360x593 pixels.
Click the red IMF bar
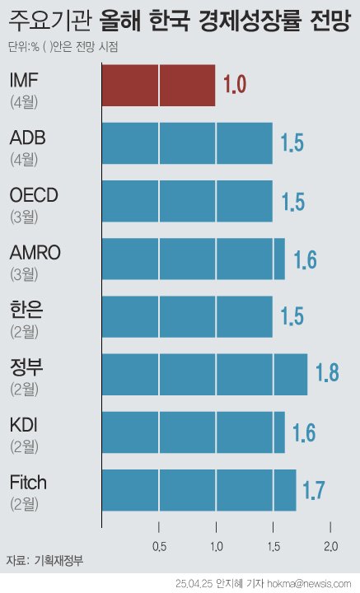tap(158, 86)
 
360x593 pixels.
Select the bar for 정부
tap(204, 374)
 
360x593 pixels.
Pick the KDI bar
tap(193, 432)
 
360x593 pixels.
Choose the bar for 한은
tap(187, 316)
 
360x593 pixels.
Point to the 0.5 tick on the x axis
tap(159, 546)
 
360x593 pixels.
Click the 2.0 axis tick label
tap(330, 546)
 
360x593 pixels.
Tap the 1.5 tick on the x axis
tap(273, 546)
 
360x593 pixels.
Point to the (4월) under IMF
tap(25, 102)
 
